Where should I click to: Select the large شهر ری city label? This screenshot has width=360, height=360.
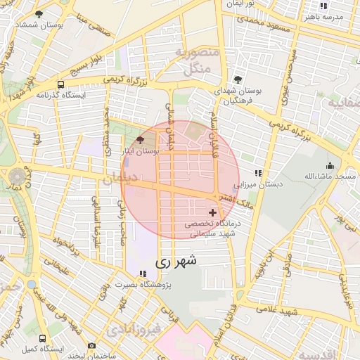[176, 261]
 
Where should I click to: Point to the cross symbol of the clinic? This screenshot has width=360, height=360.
[212, 212]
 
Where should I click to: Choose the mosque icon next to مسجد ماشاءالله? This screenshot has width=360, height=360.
[329, 165]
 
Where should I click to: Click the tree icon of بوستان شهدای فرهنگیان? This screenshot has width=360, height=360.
[238, 79]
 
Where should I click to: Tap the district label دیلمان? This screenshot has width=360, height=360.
[138, 178]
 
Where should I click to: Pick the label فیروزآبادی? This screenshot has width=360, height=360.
[131, 329]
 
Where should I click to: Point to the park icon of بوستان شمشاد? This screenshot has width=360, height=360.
[38, 13]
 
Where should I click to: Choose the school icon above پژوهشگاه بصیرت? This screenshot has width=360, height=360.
[143, 273]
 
